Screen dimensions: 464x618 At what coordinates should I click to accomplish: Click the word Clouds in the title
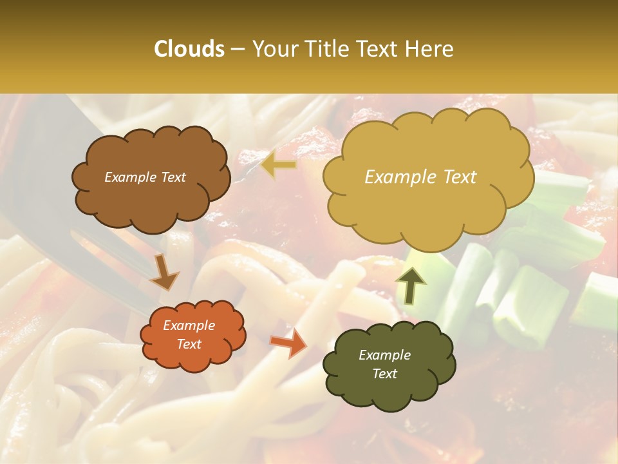pyautogui.click(x=189, y=49)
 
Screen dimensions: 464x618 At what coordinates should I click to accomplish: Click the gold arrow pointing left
pyautogui.click(x=279, y=165)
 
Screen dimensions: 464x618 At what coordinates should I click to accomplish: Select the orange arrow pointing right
pyautogui.click(x=288, y=342)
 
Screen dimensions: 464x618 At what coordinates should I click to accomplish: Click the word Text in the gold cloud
pyautogui.click(x=456, y=177)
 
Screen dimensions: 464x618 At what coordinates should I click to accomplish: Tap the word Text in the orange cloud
pyautogui.click(x=189, y=344)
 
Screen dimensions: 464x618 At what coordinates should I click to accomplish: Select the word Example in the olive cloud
pyautogui.click(x=384, y=355)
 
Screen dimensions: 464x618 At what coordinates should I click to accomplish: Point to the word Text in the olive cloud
pyautogui.click(x=384, y=374)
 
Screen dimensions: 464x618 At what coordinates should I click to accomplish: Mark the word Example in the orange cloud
pyautogui.click(x=189, y=325)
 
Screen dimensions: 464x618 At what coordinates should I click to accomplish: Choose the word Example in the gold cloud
pyautogui.click(x=399, y=177)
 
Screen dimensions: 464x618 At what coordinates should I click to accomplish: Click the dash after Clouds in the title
pyautogui.click(x=238, y=50)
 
